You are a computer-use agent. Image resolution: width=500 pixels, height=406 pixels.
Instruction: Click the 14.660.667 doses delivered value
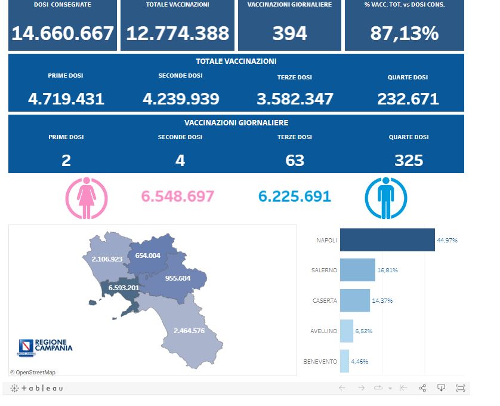(63, 33)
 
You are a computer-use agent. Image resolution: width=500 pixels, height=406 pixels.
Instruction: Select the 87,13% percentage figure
(404, 33)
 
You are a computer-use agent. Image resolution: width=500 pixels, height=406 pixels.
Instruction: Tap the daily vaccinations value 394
(289, 33)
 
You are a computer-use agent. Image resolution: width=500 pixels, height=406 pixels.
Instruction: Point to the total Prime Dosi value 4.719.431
(66, 99)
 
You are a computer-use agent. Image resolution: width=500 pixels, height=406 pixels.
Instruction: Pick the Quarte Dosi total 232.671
(408, 99)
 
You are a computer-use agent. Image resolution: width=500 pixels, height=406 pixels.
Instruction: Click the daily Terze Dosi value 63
(295, 160)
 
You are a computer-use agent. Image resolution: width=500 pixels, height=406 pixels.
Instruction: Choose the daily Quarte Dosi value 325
(409, 160)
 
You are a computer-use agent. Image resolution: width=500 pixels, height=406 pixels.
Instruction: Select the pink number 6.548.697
(177, 196)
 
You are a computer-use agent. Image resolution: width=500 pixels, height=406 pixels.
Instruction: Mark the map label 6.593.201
(124, 288)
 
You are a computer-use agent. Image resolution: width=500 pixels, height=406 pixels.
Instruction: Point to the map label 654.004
(148, 256)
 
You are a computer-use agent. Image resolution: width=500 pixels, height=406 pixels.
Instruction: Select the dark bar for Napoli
(387, 240)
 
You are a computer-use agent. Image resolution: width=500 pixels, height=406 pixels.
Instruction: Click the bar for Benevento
(344, 361)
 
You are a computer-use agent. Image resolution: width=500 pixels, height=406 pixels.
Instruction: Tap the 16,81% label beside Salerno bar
(387, 270)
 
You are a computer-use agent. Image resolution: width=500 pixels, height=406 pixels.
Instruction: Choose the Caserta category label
(325, 301)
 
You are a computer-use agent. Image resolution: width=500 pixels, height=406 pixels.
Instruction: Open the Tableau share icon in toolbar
(422, 388)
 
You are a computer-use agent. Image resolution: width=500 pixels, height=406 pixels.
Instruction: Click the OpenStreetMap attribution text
(33, 373)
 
